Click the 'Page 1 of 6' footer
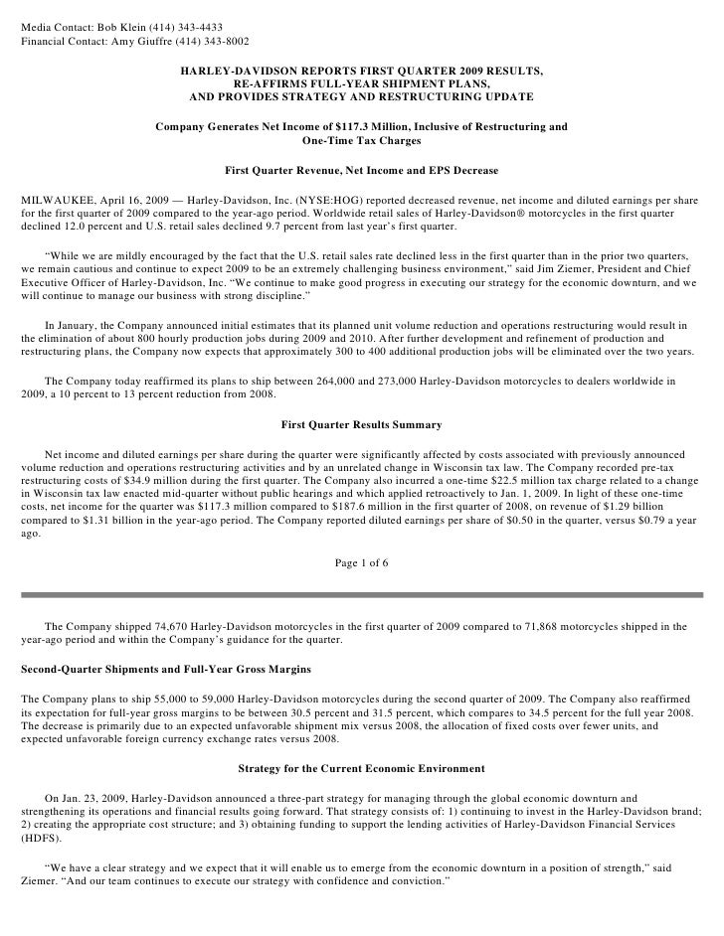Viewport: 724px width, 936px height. (x=362, y=563)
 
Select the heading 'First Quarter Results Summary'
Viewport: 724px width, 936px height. (x=362, y=425)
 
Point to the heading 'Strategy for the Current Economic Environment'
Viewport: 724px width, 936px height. (x=362, y=768)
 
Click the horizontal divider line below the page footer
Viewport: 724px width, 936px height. (x=362, y=594)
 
